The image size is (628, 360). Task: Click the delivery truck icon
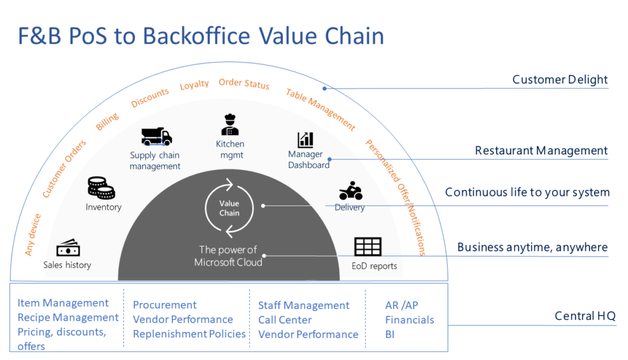coord(156,136)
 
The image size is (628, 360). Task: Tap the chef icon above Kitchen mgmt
coord(230,123)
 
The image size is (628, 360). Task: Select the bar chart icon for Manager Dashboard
coord(305,139)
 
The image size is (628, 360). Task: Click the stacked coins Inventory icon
coord(101,188)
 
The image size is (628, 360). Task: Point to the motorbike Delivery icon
coord(350,191)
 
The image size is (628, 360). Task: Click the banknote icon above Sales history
coord(68,249)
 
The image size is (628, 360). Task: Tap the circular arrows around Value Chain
coord(229,208)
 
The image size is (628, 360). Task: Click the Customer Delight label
coord(560,80)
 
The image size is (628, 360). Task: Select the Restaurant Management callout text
coord(542,151)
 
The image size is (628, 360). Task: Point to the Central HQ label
coord(584,316)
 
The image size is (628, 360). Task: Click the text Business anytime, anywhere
coord(532,248)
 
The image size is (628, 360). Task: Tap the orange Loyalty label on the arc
coord(194,85)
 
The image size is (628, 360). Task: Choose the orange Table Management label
coord(320,109)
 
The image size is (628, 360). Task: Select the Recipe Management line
coord(68,318)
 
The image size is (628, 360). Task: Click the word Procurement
coord(165,305)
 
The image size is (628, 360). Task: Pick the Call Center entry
coord(285,320)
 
